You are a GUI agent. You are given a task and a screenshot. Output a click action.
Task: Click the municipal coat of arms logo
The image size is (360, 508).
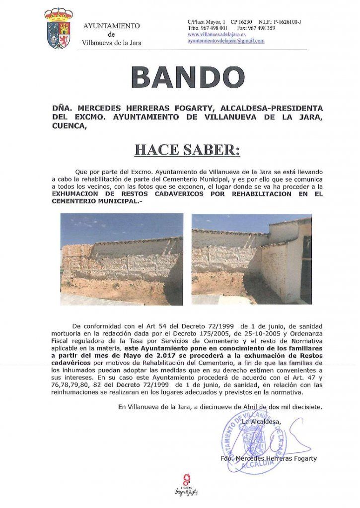[x=59, y=29]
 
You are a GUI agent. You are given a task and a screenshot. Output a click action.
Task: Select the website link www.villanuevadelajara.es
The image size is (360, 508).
[x=216, y=35]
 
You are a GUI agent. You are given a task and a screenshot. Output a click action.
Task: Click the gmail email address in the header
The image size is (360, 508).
[x=226, y=41]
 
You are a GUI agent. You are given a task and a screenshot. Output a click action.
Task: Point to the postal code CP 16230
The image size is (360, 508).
[x=241, y=22]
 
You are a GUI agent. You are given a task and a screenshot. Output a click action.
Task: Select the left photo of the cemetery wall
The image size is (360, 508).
[x=121, y=258]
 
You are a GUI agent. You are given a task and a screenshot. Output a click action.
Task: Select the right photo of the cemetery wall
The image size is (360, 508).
[x=251, y=258]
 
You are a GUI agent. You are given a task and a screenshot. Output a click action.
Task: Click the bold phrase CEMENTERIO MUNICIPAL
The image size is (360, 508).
[x=89, y=201]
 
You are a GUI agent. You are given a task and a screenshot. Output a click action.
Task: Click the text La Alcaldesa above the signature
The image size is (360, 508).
[x=261, y=422]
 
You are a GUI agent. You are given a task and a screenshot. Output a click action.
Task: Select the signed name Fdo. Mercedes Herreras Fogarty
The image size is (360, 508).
[x=269, y=458]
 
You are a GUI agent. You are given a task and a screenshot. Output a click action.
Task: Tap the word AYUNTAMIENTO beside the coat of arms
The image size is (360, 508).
[x=111, y=26]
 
